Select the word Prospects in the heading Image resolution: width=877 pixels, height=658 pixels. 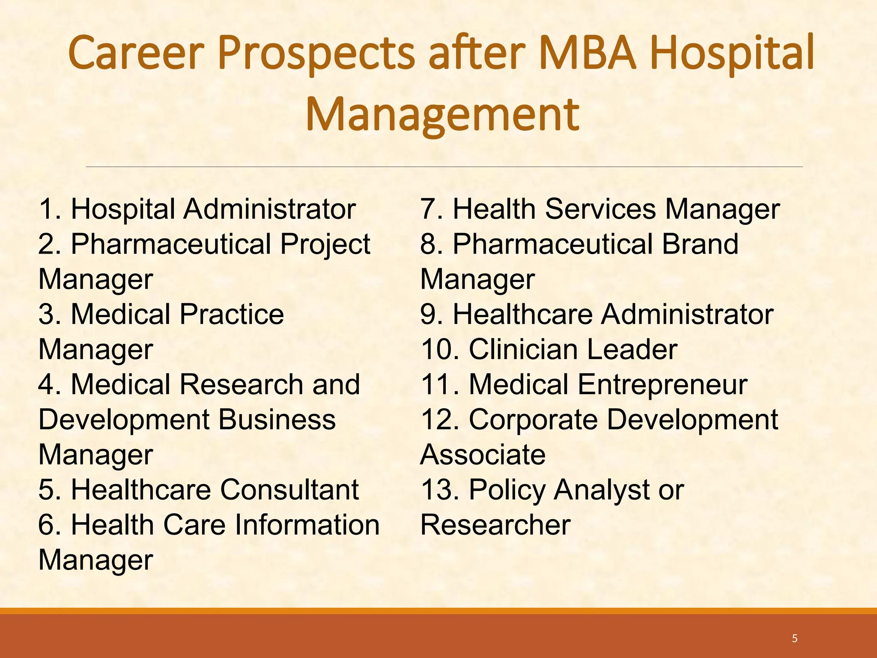pos(316,54)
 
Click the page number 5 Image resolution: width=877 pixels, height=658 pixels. pos(795,639)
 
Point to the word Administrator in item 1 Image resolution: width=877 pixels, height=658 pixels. pos(270,209)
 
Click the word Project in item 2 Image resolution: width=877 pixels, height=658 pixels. pos(325,245)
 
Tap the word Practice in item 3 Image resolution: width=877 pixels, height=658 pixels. pos(232,314)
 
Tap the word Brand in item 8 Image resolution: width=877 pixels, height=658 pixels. pos(700,244)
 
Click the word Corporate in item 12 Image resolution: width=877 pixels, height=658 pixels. pos(534,420)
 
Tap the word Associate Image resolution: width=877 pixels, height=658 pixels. pos(483,455)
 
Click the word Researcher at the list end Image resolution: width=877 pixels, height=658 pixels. pos(495,525)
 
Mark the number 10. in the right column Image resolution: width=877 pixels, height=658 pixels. pos(441,350)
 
